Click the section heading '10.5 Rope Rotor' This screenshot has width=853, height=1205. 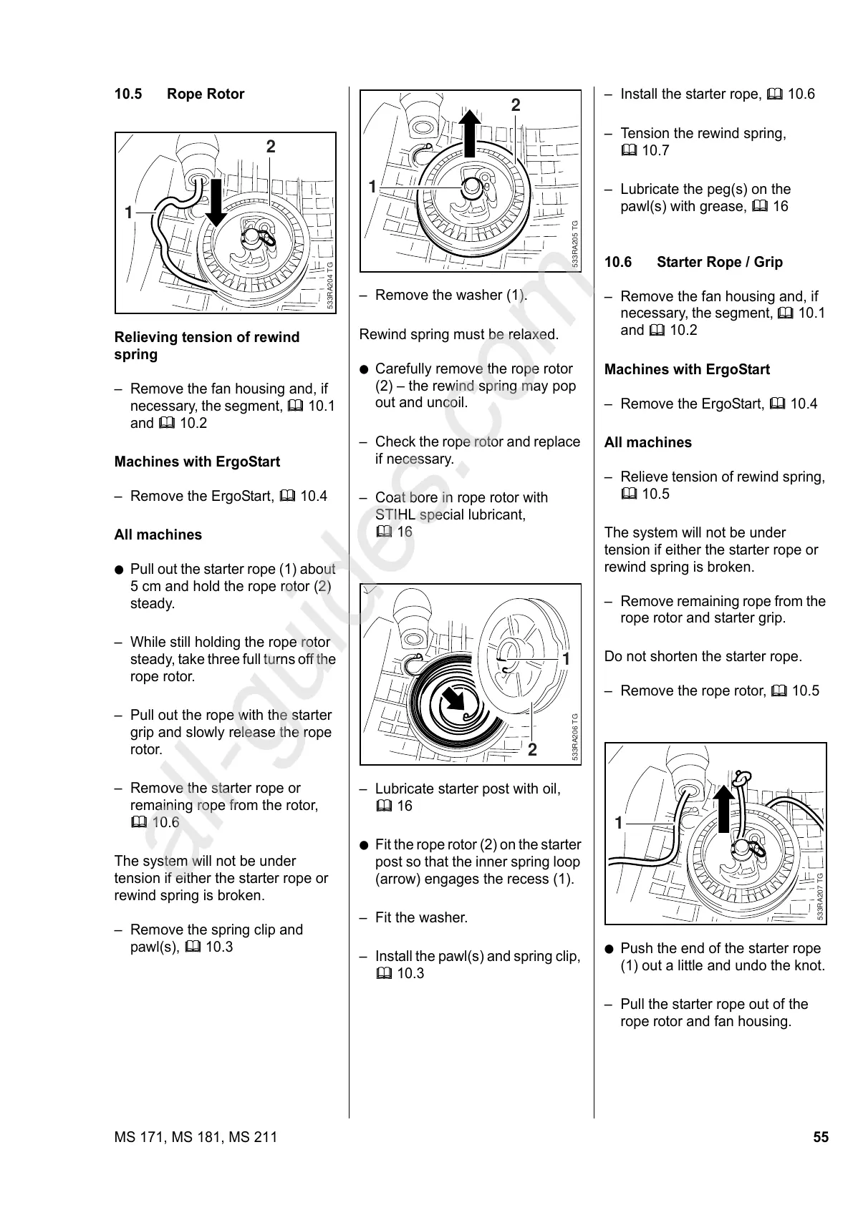[x=179, y=94]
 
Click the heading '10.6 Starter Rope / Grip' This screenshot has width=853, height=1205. [x=693, y=262]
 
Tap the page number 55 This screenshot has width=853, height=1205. [x=820, y=1137]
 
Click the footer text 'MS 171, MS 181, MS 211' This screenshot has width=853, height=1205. [x=196, y=1137]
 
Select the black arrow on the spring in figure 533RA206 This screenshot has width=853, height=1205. [x=453, y=697]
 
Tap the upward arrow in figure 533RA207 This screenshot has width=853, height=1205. [x=725, y=809]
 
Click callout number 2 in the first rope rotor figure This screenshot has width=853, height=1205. [x=270, y=147]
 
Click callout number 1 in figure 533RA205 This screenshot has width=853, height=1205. [x=372, y=187]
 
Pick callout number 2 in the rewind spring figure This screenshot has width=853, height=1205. [x=532, y=750]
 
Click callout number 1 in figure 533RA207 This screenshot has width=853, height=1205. [x=619, y=823]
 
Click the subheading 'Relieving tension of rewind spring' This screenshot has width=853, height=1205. [x=206, y=346]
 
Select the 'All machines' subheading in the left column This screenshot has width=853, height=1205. [x=158, y=535]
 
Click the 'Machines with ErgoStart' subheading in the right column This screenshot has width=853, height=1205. [x=687, y=369]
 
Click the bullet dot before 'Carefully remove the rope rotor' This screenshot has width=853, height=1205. [x=364, y=369]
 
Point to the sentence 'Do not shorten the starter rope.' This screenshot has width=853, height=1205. [x=703, y=656]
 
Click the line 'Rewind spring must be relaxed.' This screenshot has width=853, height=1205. [x=458, y=334]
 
